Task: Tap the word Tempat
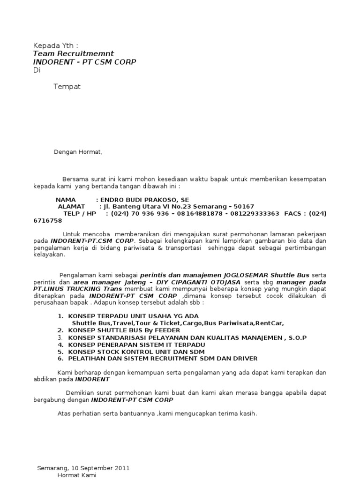pyautogui.click(x=67, y=87)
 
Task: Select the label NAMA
pyautogui.click(x=65, y=200)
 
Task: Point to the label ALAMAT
pyautogui.click(x=71, y=206)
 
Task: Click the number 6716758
pyautogui.click(x=47, y=220)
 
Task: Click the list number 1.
pyautogui.click(x=60, y=316)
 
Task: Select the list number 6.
pyautogui.click(x=60, y=359)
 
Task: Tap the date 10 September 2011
pyautogui.click(x=100, y=468)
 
